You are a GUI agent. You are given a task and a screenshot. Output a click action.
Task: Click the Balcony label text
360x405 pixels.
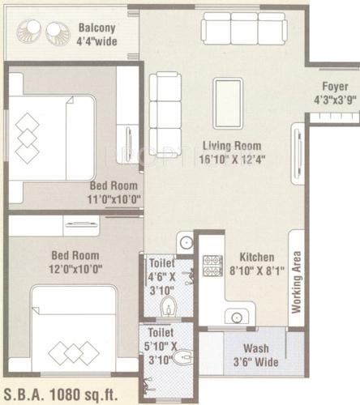click(96, 26)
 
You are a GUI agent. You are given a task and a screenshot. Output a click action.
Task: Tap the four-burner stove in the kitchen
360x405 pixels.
click(212, 264)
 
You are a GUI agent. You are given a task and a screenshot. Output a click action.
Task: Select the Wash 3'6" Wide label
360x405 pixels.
click(256, 356)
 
